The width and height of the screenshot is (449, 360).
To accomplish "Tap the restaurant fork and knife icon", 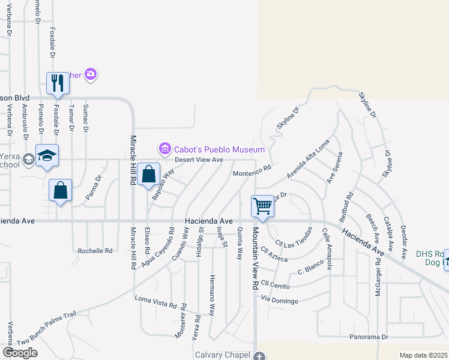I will coord(58,83).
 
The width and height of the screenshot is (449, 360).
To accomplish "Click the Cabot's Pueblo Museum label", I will coord(219,149).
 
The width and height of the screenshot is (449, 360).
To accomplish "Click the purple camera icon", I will coord(91,74).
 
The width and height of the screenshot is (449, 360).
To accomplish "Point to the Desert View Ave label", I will coord(199,160).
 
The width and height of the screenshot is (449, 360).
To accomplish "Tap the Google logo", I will coord(20,353).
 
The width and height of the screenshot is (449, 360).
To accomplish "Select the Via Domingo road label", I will coord(280,299).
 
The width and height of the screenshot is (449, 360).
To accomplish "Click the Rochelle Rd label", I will coord(95,250).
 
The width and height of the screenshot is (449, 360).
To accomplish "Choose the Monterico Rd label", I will coord(252,172).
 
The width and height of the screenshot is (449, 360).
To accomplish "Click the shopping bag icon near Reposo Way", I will coord(148,174).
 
